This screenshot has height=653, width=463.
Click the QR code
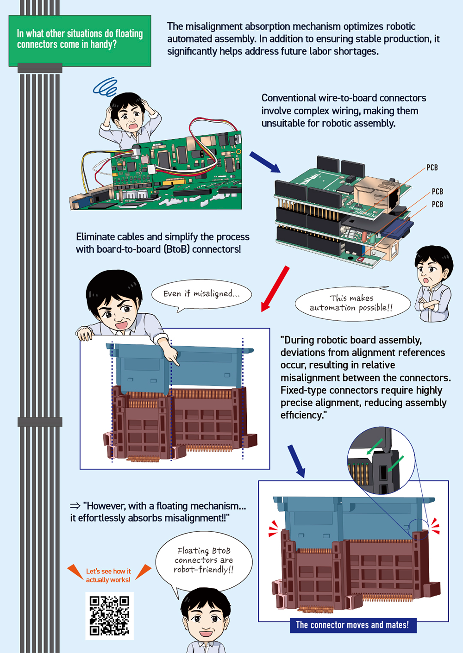coord(109,616)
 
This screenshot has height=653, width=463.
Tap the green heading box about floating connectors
coord(80,40)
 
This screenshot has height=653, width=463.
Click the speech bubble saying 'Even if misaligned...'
coord(201,294)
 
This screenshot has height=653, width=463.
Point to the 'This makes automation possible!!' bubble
coord(352,303)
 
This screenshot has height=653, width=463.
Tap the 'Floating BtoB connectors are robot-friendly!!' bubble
coord(204,561)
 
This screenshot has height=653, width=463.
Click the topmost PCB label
coord(432,168)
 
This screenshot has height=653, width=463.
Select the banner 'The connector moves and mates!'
coord(352,625)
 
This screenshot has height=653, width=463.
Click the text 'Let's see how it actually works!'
coord(108,575)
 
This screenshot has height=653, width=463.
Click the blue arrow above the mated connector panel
coord(296,461)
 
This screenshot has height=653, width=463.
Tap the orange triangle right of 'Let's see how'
coord(143,571)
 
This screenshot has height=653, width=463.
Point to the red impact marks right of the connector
coord(435,526)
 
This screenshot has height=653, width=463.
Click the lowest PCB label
coord(437,204)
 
